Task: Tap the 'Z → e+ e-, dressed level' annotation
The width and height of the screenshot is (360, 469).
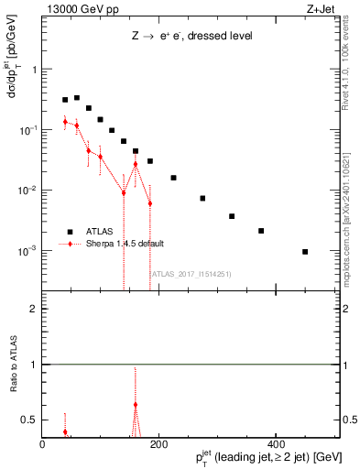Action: [191, 36]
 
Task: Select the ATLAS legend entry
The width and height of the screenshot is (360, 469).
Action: [96, 231]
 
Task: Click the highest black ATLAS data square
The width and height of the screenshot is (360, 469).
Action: [77, 97]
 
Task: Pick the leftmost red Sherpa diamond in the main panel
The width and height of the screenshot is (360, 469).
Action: [65, 121]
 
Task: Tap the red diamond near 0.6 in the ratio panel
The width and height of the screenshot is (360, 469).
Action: [136, 404]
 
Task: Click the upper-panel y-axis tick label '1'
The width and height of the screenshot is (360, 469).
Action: [35, 71]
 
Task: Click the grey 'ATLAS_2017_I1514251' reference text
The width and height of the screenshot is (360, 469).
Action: [183, 273]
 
